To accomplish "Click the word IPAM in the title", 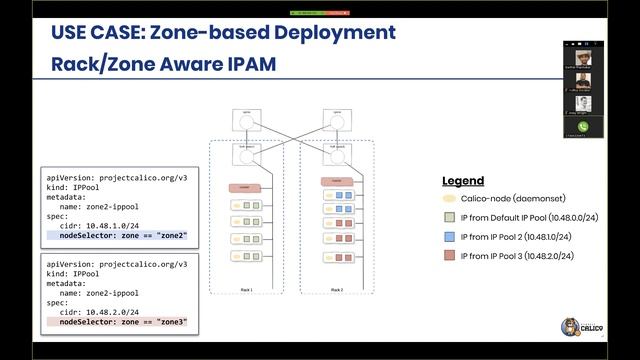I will (251, 65).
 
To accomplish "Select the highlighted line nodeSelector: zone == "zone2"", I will (123, 235).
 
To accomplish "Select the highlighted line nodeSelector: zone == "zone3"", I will (123, 323).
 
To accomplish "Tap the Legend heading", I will (463, 181).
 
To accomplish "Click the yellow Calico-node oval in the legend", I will (450, 199).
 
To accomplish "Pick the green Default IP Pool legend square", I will (450, 217).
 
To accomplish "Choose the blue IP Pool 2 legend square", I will (450, 237).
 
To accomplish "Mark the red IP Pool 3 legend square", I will (450, 256).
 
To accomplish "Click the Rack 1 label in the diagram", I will (247, 290).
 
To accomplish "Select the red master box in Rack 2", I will (337, 181).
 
